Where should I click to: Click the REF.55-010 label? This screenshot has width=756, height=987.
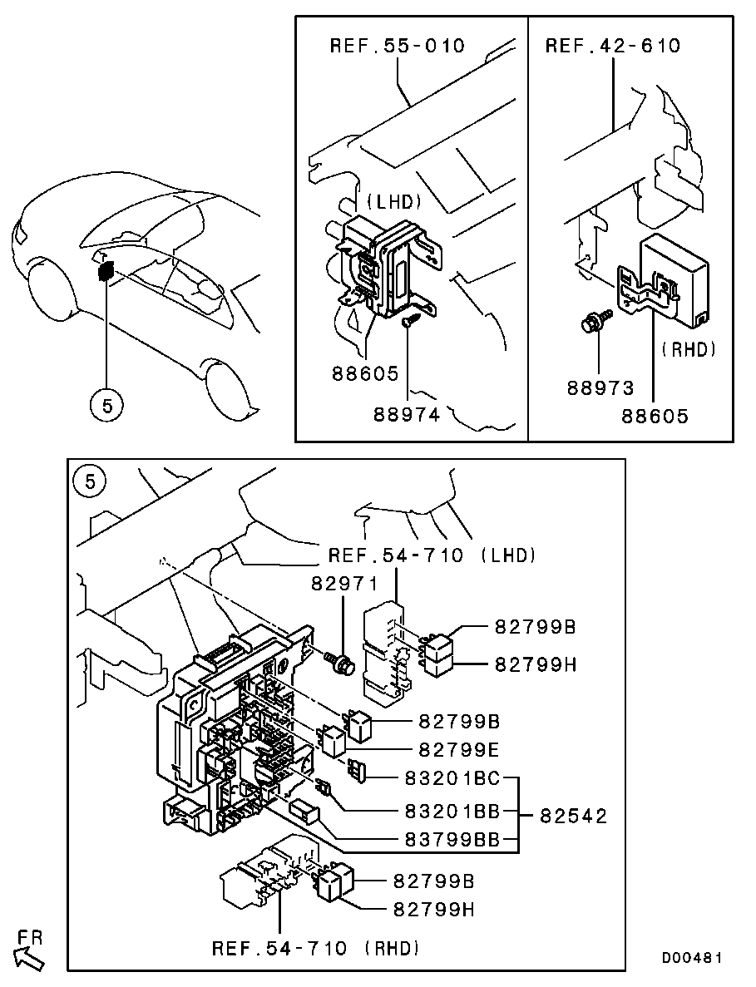[398, 46]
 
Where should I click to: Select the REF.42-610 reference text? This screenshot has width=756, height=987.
[613, 46]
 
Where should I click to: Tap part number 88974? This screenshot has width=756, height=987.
[407, 415]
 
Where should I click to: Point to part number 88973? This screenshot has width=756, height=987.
[600, 388]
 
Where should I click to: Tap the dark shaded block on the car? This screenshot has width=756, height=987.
[105, 271]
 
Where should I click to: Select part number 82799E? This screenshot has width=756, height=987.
[458, 749]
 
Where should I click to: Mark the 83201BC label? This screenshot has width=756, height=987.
[452, 778]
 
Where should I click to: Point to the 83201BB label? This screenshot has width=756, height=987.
[452, 809]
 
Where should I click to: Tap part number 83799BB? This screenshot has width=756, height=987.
[452, 839]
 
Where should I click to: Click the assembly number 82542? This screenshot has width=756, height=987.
[573, 816]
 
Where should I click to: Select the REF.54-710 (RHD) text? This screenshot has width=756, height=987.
[315, 948]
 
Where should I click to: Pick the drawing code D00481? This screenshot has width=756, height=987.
[692, 958]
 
